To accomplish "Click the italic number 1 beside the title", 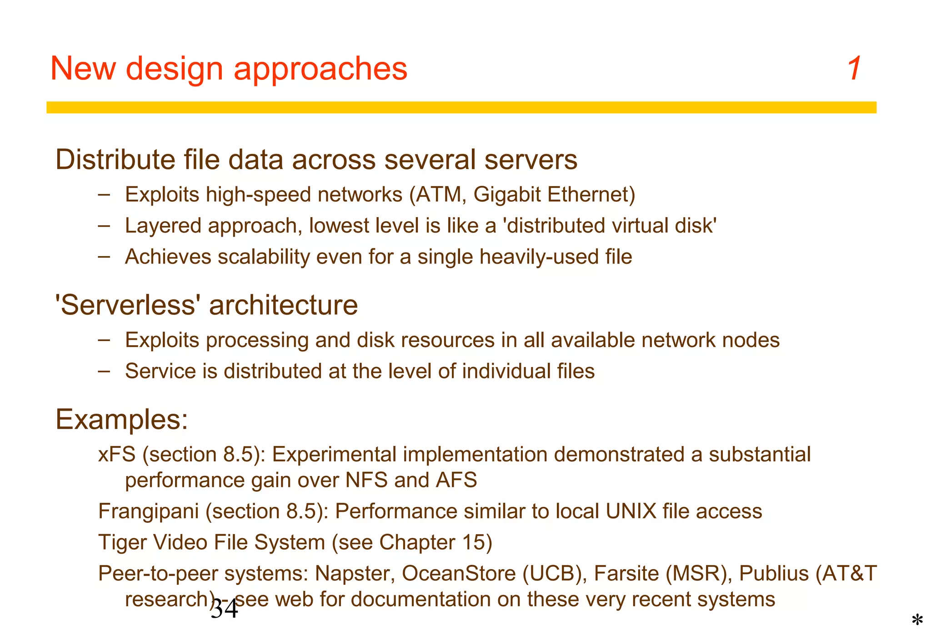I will pyautogui.click(x=854, y=69).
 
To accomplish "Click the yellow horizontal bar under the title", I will pyautogui.click(x=461, y=107).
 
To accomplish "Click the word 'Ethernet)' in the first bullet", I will pyautogui.click(x=591, y=194).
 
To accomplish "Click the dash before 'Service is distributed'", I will pyautogui.click(x=104, y=370).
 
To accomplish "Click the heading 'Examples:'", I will pyautogui.click(x=121, y=419).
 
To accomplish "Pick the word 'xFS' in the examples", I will pyautogui.click(x=117, y=454).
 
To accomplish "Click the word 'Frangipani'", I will pyautogui.click(x=149, y=511).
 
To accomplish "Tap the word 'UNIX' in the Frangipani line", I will pyautogui.click(x=631, y=511).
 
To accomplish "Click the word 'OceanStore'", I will pyautogui.click(x=458, y=573).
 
